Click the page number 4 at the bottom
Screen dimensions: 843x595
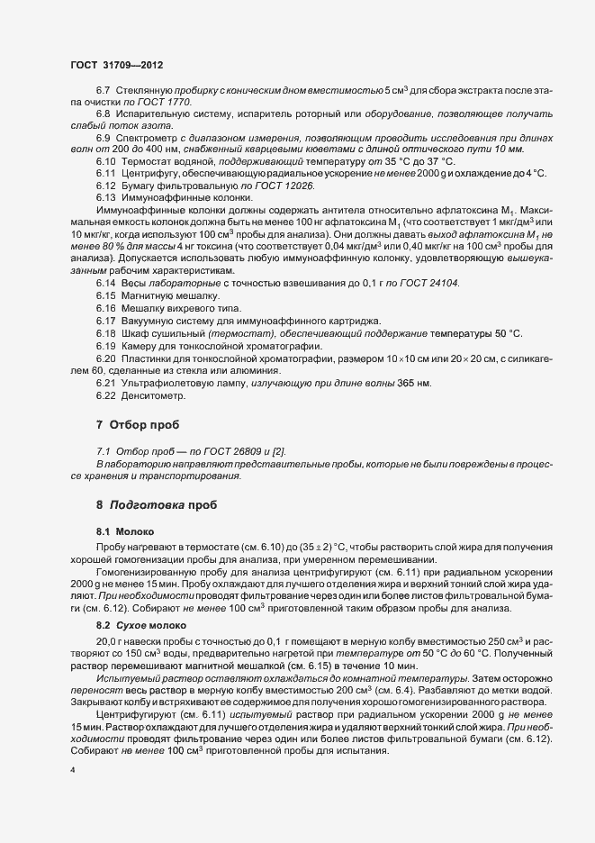72,772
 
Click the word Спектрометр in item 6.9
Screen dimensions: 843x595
152,137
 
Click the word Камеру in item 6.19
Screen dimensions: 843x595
140,345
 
